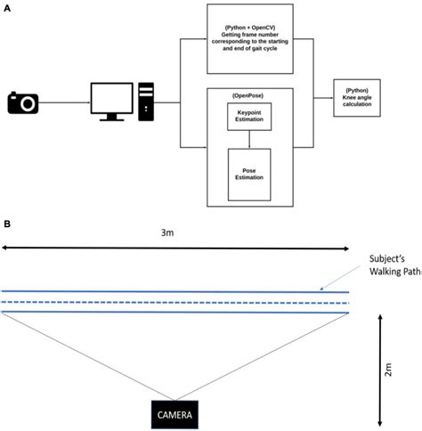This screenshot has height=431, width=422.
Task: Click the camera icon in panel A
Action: click(25, 103)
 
